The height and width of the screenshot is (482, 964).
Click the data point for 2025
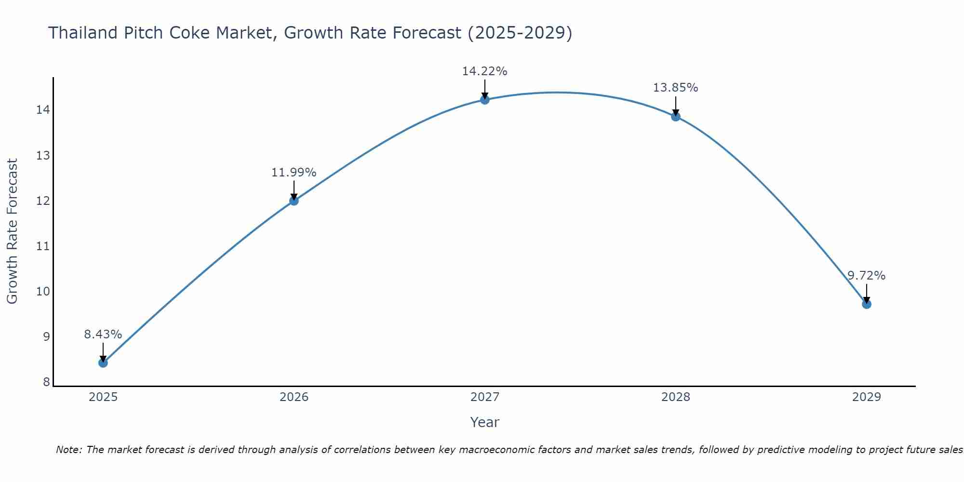103,362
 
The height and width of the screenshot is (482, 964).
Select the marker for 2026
294,201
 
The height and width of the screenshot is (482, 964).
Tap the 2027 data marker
484,100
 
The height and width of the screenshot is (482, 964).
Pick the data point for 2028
675,116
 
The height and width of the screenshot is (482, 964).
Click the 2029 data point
866,304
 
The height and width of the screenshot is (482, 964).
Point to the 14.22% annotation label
484,71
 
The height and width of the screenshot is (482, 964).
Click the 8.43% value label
103,334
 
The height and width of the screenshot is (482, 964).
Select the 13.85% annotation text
675,88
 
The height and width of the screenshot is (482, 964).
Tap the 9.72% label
866,276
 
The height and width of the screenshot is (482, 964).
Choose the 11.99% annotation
294,172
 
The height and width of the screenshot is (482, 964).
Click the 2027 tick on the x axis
484,397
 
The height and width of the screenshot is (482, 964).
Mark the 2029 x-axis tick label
866,397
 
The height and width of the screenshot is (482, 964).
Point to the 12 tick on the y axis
43,201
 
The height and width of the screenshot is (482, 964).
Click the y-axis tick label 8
46,382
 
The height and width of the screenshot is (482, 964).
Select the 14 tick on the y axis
43,110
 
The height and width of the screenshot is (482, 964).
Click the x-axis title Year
484,422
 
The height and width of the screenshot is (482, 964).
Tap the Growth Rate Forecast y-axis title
12,231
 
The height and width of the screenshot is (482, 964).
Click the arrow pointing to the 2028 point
675,106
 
